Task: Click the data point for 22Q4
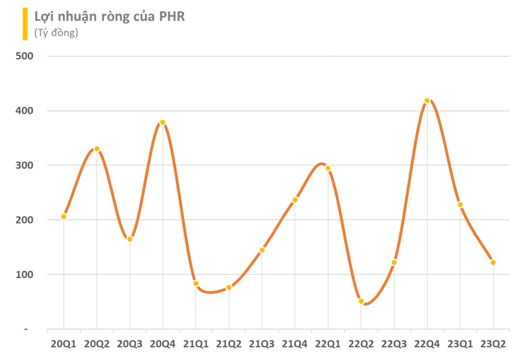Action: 427,101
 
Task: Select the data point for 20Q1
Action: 64,217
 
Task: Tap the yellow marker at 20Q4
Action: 163,122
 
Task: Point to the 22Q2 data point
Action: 361,301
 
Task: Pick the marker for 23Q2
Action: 493,262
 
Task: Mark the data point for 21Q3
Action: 262,250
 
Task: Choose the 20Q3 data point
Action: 130,239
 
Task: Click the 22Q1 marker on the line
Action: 328,168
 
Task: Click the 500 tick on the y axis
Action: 24,56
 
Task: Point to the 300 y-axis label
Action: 24,165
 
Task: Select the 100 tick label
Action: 24,274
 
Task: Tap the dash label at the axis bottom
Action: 26,329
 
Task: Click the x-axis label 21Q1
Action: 196,344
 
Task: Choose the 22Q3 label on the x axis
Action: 394,344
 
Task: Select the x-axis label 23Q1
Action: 460,344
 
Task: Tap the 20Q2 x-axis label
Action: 97,344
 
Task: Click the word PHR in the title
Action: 171,16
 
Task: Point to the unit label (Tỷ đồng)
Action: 56,33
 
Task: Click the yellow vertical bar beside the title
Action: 25,24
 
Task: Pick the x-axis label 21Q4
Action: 295,344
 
